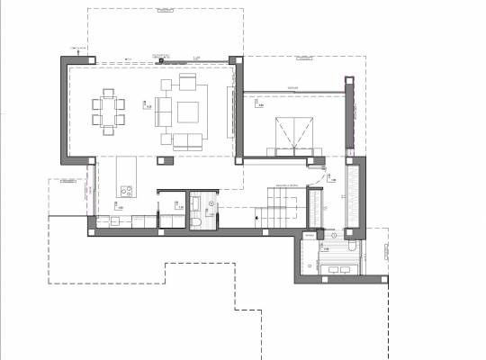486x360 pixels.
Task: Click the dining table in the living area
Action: (109, 112)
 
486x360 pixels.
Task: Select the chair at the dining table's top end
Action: (109, 92)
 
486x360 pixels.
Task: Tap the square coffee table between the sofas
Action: (189, 112)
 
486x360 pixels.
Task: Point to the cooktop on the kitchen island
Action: (125, 191)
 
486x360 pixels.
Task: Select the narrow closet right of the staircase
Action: (316, 208)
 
